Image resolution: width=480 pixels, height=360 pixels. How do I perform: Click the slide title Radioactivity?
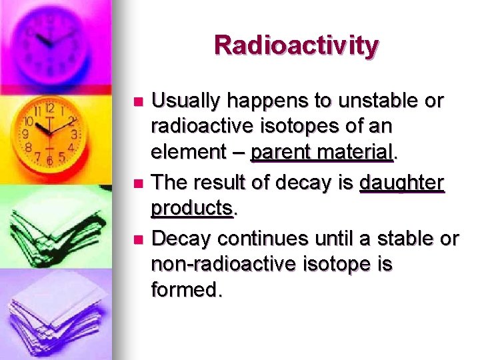tap(297, 45)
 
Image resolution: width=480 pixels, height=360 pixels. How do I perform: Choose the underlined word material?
tap(356, 152)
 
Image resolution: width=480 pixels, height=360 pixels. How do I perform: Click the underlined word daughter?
tap(401, 182)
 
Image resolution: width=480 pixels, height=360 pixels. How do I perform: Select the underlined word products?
tap(192, 208)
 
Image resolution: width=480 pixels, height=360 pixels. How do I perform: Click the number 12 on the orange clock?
tap(50, 108)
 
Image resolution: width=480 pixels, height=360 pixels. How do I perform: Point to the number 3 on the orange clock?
tap(75, 134)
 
